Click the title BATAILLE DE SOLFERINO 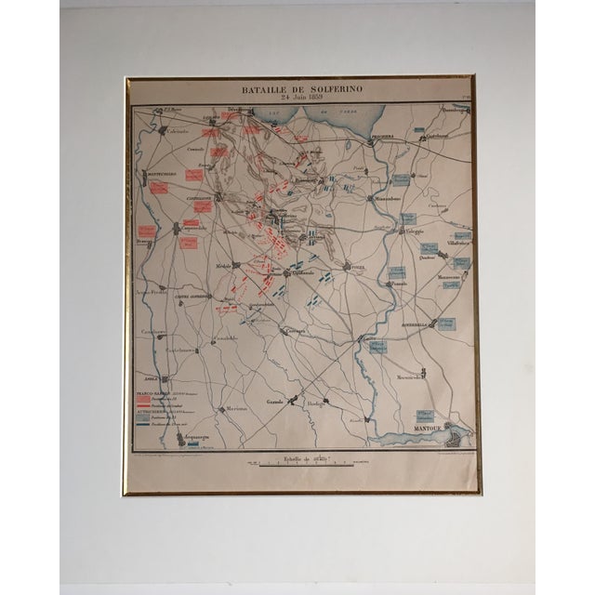[300, 89]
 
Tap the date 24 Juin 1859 [300, 99]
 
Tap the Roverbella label [414, 324]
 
